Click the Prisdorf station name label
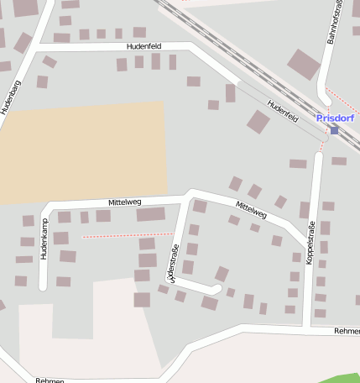tap(335, 118)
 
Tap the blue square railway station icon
tap(334, 130)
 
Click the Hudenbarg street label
tap(10, 97)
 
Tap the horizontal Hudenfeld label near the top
tap(143, 45)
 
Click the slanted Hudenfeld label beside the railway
tap(283, 111)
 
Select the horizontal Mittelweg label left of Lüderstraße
tap(124, 202)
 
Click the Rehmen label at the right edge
tap(347, 331)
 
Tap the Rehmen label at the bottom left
tap(50, 380)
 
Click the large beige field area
tap(84, 151)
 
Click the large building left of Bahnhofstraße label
tap(303, 64)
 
